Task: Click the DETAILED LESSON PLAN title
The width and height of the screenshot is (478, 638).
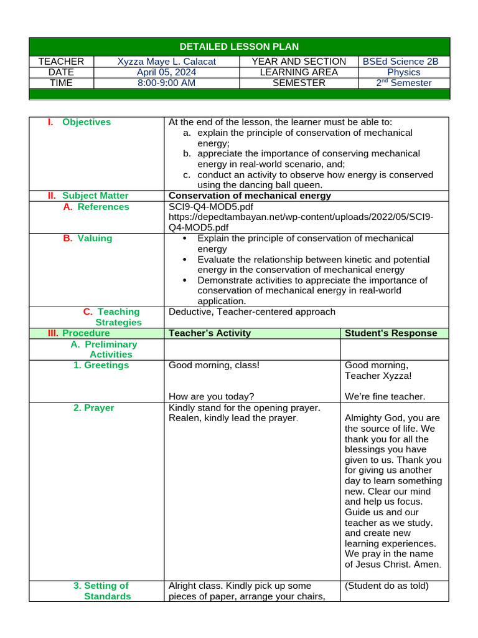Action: [239, 47]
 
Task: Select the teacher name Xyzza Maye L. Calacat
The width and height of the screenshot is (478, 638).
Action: [166, 62]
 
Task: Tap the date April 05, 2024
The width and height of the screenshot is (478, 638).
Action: [166, 72]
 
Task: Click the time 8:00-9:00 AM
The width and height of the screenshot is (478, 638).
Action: [166, 83]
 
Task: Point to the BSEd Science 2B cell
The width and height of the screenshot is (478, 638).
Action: [404, 62]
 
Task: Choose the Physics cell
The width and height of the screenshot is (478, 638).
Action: [404, 72]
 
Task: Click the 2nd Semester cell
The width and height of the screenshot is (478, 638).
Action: [404, 83]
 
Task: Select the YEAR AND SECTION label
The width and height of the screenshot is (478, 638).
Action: [299, 62]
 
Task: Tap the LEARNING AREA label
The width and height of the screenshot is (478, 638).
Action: [299, 72]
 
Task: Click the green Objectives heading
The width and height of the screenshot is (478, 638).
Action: [87, 122]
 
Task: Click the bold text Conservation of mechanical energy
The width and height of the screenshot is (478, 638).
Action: [250, 196]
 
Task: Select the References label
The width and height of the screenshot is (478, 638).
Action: [103, 207]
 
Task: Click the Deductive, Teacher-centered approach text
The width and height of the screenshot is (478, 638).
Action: [251, 312]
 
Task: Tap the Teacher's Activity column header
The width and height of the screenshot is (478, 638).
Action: [210, 333]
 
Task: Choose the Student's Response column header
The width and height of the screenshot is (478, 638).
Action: [391, 333]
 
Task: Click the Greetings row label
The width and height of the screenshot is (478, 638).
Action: [101, 365]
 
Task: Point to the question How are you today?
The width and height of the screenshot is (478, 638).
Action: [211, 396]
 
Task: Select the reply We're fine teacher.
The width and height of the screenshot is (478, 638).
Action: [385, 396]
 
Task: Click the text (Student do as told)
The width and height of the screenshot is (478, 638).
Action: [387, 586]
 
